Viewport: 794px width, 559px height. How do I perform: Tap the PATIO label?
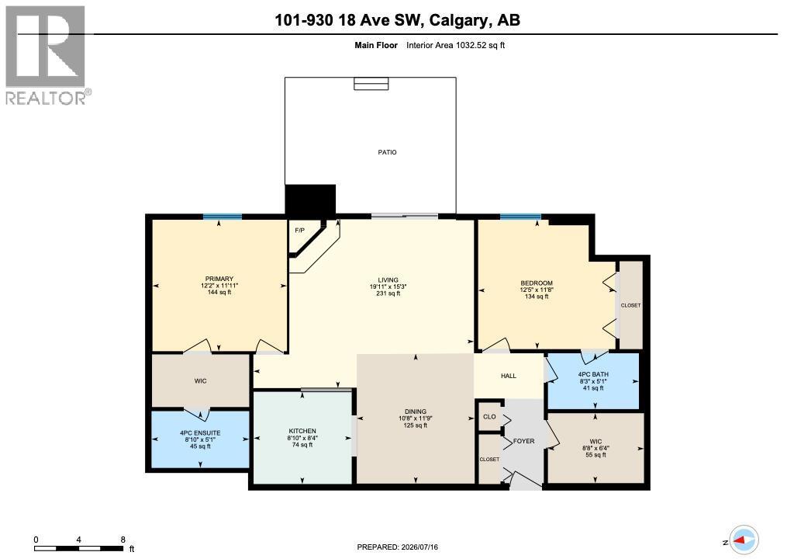point(388,152)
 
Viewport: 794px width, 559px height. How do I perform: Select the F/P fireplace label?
point(300,231)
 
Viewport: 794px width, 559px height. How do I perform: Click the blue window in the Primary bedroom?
point(223,217)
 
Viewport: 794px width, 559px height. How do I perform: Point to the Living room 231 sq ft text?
point(388,293)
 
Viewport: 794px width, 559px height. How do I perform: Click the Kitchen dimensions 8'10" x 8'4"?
point(302,438)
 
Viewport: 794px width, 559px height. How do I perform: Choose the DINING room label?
point(416,411)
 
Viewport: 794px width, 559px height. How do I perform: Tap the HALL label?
point(509,376)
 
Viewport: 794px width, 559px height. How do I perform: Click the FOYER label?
point(523,441)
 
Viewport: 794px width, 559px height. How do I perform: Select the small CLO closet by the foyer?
point(489,417)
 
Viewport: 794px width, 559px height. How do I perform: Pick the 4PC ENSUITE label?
point(200,433)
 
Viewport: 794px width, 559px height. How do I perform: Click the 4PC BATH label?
point(593,374)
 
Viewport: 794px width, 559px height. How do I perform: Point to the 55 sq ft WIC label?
point(595,455)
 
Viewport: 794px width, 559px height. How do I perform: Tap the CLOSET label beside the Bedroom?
point(630,305)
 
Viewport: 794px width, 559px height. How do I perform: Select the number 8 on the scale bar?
point(123,540)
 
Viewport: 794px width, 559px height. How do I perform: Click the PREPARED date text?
point(398,547)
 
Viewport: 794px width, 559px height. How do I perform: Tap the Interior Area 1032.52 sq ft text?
point(455,45)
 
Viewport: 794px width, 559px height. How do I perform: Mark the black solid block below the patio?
point(310,200)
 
